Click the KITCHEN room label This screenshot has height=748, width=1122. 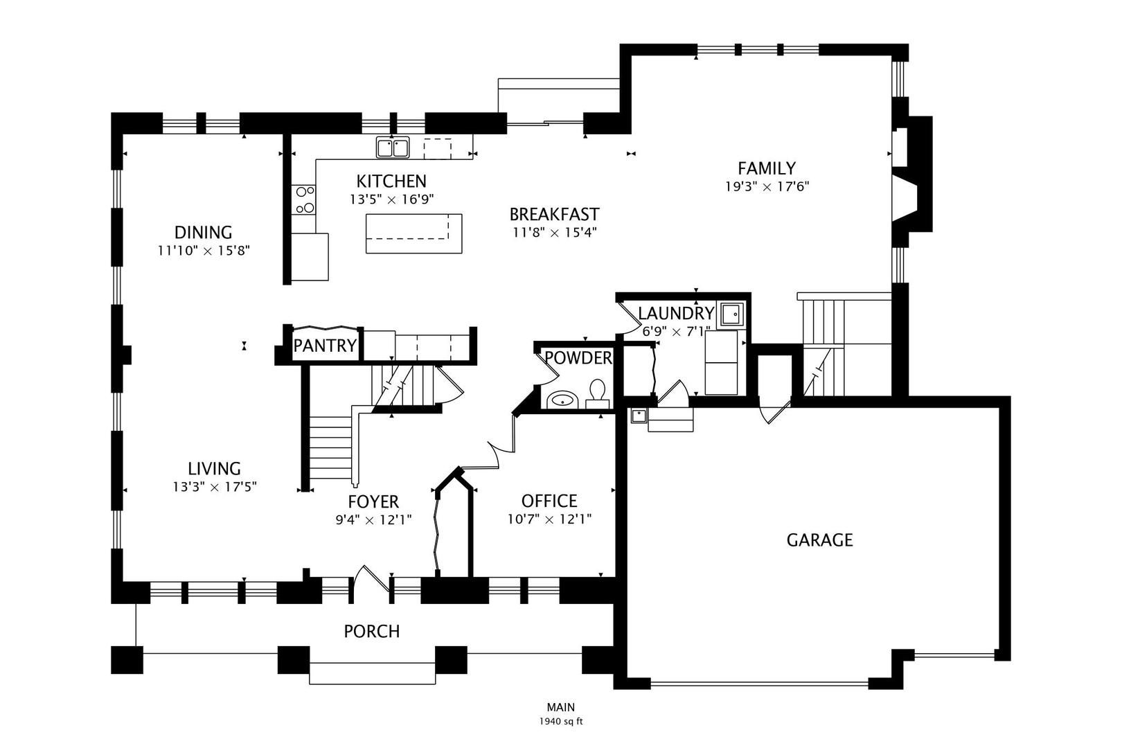[391, 181]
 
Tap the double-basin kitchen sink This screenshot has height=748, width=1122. [393, 148]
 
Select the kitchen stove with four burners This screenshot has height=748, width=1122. [304, 199]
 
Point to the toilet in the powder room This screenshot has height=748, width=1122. [597, 394]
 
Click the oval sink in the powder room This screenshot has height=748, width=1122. [562, 400]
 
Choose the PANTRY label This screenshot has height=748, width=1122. [325, 346]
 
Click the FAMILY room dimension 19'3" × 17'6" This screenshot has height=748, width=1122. [767, 187]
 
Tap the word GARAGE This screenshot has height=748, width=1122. [819, 540]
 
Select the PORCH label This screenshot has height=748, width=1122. [372, 632]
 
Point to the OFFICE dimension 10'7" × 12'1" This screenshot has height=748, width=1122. [549, 519]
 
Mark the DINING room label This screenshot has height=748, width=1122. [204, 233]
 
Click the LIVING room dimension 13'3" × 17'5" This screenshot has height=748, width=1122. [215, 487]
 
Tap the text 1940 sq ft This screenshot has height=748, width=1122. [561, 722]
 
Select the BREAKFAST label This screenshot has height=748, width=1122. [554, 215]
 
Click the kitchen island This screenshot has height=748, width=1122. [413, 233]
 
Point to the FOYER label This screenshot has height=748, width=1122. [373, 501]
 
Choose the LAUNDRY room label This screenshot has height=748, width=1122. [676, 314]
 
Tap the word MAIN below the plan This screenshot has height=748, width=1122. [561, 707]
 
